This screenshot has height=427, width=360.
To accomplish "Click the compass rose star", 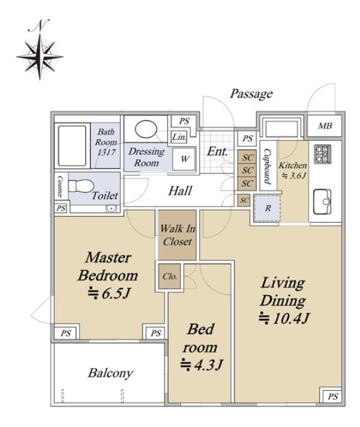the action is tap(40, 57).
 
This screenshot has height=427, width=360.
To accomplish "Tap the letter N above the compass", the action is tap(38, 25).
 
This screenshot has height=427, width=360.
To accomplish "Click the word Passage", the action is tap(251, 94).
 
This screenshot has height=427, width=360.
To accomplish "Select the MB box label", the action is tap(325, 126).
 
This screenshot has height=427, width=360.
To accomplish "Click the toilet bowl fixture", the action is tap(81, 186).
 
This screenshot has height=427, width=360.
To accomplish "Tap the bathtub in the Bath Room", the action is tap(72, 146).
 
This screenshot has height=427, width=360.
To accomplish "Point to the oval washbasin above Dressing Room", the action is tap(146, 129).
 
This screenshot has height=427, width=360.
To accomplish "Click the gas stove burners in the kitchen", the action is tap(322, 154).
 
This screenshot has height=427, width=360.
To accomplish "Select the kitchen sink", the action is tap(322, 202).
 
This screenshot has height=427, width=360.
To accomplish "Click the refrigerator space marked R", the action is tap(268, 208).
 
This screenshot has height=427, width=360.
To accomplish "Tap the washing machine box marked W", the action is tap(184, 159).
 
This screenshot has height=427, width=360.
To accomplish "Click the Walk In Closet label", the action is tap(178, 235).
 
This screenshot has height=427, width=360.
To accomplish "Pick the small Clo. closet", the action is tap(170, 276).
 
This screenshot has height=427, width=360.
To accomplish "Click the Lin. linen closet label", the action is tap(179, 137).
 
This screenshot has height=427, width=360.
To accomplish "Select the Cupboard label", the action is tap(267, 166).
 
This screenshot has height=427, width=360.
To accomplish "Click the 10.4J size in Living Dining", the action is tap(284, 318).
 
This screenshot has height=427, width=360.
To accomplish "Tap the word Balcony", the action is tap(110, 373).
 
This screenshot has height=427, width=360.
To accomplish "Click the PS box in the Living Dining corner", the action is tap(332, 396).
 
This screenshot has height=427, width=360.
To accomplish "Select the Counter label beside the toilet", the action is tap(60, 187).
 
